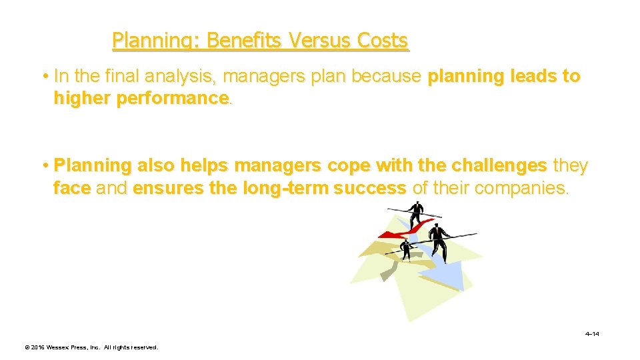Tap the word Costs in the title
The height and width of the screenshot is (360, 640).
(383, 41)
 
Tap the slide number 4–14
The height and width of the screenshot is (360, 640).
(591, 333)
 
